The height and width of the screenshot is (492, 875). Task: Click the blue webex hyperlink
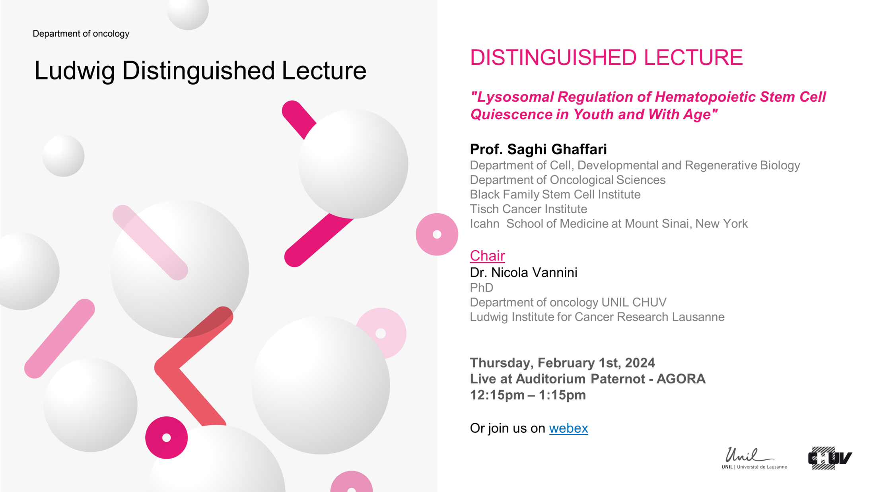click(568, 428)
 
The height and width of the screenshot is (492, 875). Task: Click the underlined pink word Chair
click(487, 255)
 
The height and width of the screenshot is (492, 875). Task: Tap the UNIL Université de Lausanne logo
click(754, 458)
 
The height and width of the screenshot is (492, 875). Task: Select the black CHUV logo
click(830, 458)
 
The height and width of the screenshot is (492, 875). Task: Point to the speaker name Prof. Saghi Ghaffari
click(538, 149)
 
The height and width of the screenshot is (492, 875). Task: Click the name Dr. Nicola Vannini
click(523, 272)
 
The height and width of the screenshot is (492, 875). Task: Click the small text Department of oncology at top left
click(81, 34)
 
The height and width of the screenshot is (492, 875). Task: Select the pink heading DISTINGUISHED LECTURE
click(606, 57)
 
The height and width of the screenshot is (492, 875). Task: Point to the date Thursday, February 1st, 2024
click(562, 363)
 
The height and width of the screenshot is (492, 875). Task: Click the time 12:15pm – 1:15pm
click(528, 395)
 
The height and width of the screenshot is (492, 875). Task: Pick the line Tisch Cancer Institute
click(528, 209)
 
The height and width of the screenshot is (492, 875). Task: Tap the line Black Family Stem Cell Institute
click(555, 194)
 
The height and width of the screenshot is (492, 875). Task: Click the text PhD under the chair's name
click(481, 287)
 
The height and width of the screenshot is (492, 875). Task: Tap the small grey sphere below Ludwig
click(63, 156)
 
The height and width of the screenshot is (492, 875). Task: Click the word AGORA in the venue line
click(681, 379)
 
